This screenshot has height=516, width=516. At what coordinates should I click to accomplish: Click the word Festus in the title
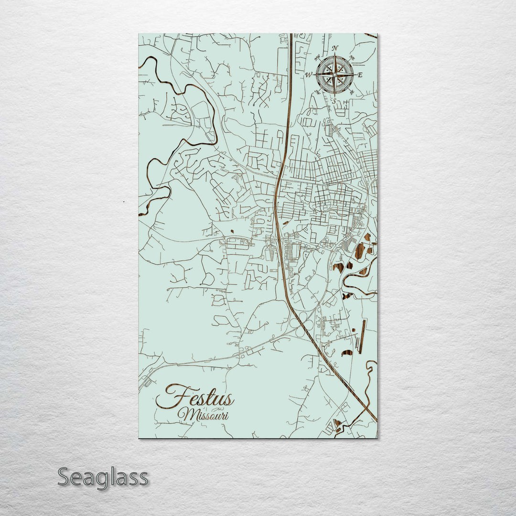coord(195,398)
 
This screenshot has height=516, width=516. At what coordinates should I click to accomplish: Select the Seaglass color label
coord(103,477)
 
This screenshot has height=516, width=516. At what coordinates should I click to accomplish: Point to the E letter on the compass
coord(360,75)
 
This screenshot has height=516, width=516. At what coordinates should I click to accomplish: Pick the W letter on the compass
coord(309,75)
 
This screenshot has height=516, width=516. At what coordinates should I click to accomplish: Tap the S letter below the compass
coord(334,101)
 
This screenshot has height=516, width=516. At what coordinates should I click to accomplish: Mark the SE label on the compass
coord(352,92)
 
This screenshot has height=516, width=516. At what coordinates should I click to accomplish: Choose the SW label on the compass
coord(317,92)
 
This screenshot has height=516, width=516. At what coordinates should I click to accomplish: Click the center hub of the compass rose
coord(334,75)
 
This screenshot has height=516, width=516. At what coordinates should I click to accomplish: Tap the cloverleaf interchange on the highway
coord(299,327)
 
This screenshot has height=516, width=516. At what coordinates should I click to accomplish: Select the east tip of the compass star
coord(354,75)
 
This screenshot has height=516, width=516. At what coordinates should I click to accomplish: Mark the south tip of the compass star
coord(334,93)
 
